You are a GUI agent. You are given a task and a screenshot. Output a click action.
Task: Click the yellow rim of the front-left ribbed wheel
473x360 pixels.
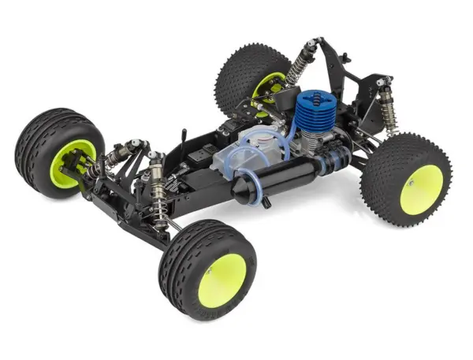tap(72, 162)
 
